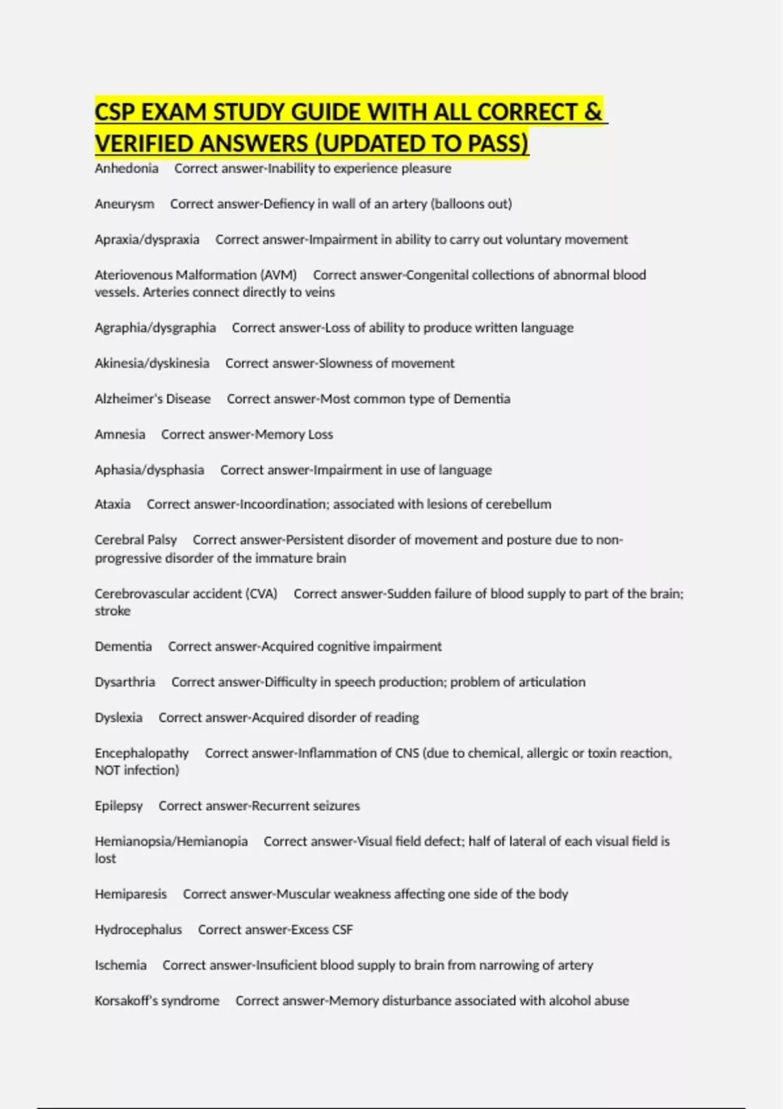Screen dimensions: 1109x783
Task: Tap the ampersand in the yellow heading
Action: [593, 112]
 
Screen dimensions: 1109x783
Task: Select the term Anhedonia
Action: [127, 168]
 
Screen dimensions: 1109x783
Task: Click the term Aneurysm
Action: [125, 204]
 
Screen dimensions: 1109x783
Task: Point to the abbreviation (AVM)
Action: [279, 275]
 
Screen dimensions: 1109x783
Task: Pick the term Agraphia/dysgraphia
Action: [155, 327]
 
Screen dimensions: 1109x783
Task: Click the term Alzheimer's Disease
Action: [153, 399]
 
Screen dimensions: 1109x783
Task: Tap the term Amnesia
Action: [120, 434]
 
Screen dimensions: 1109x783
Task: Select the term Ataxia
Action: [112, 504]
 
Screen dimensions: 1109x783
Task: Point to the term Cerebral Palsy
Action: [136, 540]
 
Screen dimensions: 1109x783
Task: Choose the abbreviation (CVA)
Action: [261, 594]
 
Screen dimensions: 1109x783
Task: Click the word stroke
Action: [112, 611]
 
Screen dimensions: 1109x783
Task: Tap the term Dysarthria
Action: [125, 682]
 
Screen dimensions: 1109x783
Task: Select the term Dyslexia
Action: [118, 718]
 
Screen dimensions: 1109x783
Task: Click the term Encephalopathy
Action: [142, 753]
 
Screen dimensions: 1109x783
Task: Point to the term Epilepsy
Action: [118, 806]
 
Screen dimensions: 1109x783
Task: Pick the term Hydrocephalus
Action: [138, 930]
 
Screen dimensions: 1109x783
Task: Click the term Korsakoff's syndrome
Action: [157, 1001]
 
